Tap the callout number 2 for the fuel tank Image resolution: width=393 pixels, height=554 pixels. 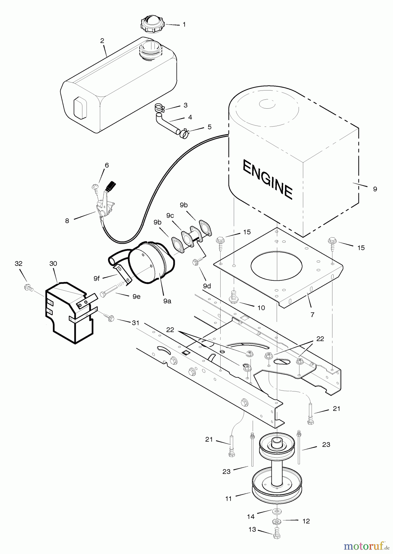[102, 41]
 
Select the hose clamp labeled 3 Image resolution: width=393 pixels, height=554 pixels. [159, 108]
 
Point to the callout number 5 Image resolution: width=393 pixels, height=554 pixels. [210, 127]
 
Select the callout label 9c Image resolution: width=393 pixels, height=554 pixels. [170, 215]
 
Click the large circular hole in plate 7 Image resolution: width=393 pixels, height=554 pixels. [276, 266]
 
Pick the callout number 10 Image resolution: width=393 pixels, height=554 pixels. [261, 308]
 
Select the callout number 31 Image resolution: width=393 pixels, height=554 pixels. [135, 323]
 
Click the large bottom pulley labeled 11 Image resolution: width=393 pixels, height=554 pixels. [276, 486]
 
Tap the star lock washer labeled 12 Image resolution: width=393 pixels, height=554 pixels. [276, 530]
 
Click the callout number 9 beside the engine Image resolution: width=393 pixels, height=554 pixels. [375, 189]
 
